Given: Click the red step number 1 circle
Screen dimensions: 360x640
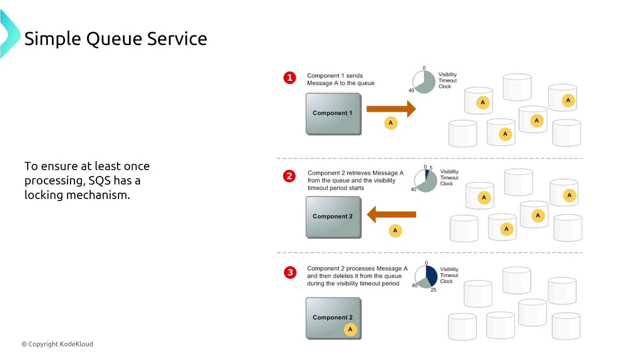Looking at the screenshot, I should [289, 78].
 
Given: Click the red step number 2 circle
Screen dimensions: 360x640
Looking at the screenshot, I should [289, 176].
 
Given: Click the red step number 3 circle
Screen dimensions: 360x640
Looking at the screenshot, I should [290, 272].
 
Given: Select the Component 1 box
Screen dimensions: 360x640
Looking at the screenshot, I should [333, 113].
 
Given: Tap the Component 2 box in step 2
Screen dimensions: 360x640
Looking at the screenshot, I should [333, 216].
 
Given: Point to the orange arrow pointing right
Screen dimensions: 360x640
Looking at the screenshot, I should [391, 108].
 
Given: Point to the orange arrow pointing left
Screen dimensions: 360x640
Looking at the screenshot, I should [391, 215].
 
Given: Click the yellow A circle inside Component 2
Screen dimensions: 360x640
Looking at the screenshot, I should [350, 329].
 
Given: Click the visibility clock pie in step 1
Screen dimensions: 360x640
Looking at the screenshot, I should [424, 82].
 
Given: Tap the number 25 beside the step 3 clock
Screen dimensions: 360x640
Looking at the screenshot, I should [433, 289].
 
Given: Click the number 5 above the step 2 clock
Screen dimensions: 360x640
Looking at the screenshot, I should [431, 168].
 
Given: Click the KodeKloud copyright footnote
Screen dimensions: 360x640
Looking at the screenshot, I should [57, 344].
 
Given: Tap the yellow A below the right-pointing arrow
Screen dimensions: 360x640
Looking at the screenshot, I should [390, 123].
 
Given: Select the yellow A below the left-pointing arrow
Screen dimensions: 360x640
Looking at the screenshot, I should [395, 230].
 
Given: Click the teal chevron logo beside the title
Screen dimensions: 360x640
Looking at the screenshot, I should [9, 34].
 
